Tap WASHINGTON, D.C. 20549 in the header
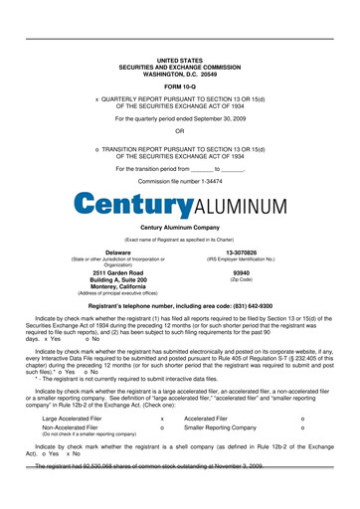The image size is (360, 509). [x=179, y=73]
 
